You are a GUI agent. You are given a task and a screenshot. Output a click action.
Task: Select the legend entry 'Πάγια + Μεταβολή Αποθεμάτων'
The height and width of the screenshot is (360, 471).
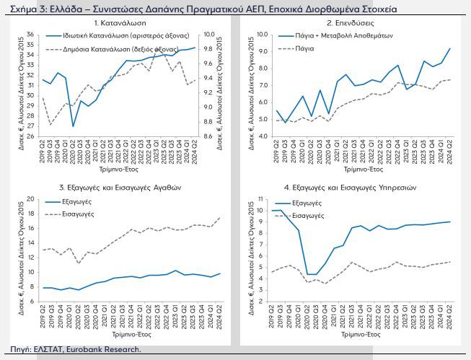[340, 35]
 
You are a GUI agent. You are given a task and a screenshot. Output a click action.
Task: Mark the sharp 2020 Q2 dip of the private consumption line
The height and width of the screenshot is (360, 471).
[73, 126]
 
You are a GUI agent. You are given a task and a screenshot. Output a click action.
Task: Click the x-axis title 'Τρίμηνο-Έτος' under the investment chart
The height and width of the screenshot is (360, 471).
[351, 175]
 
